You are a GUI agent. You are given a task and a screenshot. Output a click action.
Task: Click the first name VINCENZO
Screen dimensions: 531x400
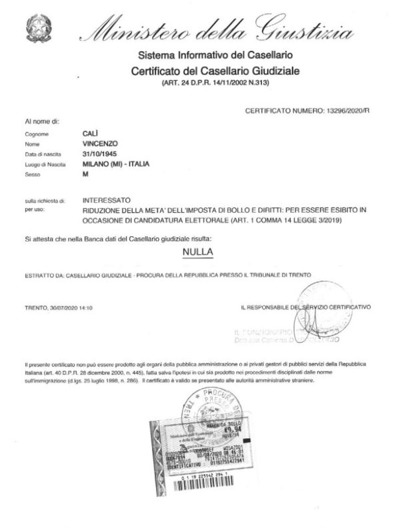tap(100, 143)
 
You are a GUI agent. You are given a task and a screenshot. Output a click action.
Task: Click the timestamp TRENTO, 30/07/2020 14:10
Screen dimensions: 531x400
tap(58, 308)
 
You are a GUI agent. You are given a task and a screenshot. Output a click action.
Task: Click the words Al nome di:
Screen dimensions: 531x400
tap(43, 121)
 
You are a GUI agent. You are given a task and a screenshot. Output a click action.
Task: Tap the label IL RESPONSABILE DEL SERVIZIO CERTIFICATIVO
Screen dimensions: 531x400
tap(305, 308)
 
